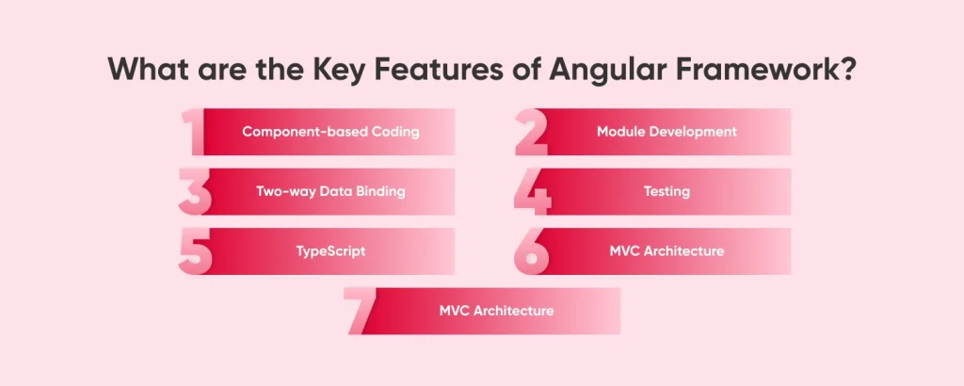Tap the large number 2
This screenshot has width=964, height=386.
tap(531, 132)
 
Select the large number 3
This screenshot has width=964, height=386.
tap(195, 192)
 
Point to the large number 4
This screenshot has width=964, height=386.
tap(531, 192)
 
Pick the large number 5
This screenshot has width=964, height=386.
tap(196, 252)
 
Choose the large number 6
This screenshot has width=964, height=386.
tap(532, 252)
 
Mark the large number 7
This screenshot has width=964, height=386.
tap(362, 312)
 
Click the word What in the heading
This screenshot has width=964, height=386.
tap(147, 72)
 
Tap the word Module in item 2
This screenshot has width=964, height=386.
tap(620, 132)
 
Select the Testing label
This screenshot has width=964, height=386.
tap(667, 191)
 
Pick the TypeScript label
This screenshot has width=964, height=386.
tap(330, 251)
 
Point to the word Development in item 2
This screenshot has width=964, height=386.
tap(693, 132)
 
